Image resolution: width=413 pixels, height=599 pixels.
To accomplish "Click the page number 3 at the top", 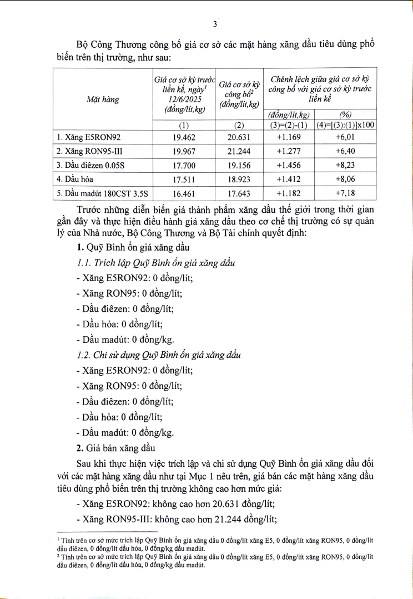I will [214, 24].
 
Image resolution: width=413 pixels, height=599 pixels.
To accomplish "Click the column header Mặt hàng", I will [102, 100].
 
